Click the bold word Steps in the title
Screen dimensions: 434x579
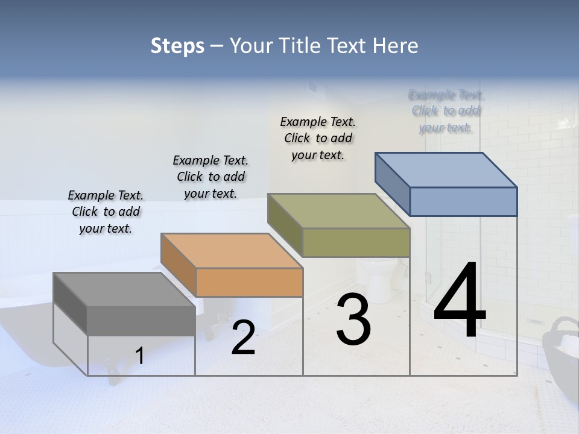177,46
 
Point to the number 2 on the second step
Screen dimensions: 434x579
243,338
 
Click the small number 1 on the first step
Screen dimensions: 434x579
139,356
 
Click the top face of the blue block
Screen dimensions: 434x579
446,170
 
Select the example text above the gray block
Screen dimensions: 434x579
106,212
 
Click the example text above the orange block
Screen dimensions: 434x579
210,177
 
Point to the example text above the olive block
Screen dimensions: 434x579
318,138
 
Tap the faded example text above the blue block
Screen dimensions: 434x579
446,111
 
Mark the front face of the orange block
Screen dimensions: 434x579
249,282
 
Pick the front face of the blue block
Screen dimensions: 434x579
463,201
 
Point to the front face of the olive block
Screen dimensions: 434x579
356,242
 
